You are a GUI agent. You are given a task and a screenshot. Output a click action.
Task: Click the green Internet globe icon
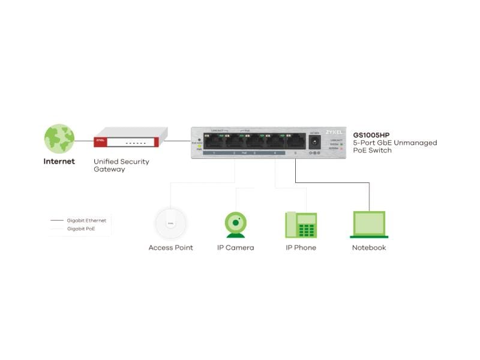point(59,139)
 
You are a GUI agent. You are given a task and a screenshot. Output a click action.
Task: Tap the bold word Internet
point(59,161)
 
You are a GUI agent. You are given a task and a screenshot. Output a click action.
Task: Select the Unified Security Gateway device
point(127,137)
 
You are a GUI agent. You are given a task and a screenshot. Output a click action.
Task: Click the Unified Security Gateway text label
point(121,166)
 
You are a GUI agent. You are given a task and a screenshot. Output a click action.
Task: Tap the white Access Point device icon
point(170,223)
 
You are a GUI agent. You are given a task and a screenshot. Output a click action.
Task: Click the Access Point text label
point(170,248)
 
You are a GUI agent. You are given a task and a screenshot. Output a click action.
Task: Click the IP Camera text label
point(235,248)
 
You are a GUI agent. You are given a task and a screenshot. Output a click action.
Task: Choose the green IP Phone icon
point(301,225)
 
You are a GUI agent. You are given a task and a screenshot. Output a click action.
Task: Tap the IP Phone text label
point(301,248)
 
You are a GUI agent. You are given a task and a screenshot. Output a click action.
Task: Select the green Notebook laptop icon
point(368,225)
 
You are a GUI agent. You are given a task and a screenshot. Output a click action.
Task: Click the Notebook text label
point(368,248)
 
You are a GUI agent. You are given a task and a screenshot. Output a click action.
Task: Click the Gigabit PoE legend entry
point(80,229)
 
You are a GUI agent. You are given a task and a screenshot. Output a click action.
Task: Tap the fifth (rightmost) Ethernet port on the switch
point(295,141)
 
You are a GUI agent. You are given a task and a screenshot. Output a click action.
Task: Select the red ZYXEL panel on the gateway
point(101,142)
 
